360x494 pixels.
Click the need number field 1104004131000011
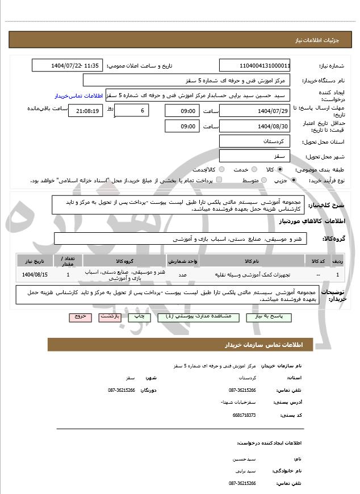(x=255, y=65)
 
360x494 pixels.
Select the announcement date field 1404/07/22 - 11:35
(x=68, y=65)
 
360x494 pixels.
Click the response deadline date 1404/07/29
(x=255, y=110)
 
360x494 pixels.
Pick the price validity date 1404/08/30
(x=255, y=126)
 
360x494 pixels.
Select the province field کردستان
(x=255, y=141)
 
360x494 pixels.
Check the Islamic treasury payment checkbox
(x=219, y=180)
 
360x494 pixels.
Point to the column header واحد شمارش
(x=183, y=261)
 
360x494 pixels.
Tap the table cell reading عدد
(x=183, y=275)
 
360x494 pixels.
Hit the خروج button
(x=79, y=317)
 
